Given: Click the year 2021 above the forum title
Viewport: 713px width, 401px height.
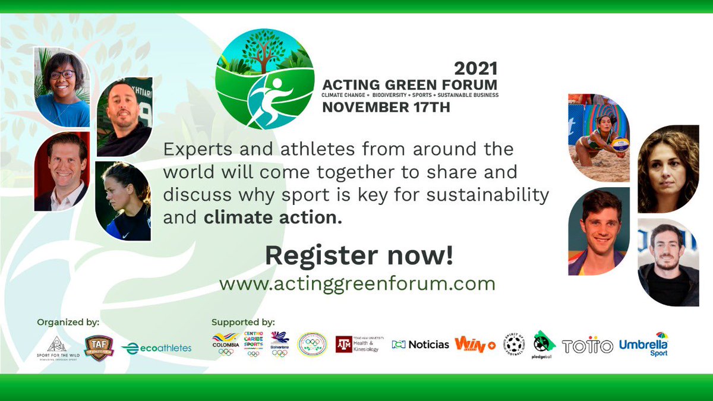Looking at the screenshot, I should [x=476, y=68].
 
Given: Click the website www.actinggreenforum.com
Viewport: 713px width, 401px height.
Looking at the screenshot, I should [x=357, y=283].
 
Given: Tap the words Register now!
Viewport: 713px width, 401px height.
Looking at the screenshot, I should [x=359, y=255].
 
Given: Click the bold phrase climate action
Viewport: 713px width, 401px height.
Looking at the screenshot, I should [x=273, y=217].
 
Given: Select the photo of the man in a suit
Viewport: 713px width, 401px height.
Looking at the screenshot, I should [x=61, y=172].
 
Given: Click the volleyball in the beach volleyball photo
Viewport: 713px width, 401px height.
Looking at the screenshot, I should [x=620, y=143].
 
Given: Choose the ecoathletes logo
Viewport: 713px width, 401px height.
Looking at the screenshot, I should [x=157, y=348].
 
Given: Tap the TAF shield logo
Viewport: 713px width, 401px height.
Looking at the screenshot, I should [x=99, y=347].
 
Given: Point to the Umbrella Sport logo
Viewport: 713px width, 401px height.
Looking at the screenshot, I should [x=643, y=344].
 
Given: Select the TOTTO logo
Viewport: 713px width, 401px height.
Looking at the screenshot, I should [x=587, y=346].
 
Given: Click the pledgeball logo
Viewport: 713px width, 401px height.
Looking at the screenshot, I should [x=543, y=345].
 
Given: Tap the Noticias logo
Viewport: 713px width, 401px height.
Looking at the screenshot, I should [x=421, y=345].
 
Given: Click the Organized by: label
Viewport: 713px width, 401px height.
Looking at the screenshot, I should [x=68, y=323].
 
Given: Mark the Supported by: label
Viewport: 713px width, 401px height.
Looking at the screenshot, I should [x=243, y=322].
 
